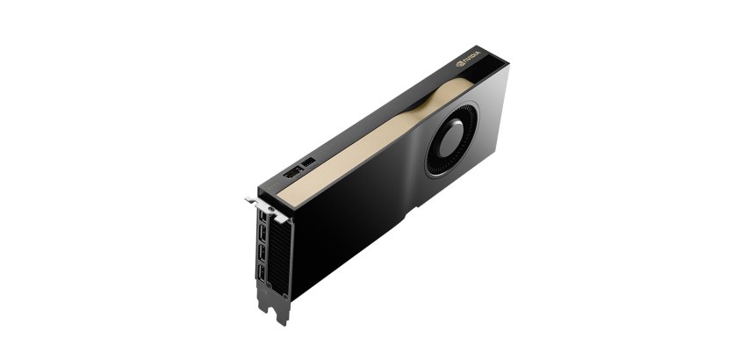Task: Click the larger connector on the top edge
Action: [291, 175]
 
